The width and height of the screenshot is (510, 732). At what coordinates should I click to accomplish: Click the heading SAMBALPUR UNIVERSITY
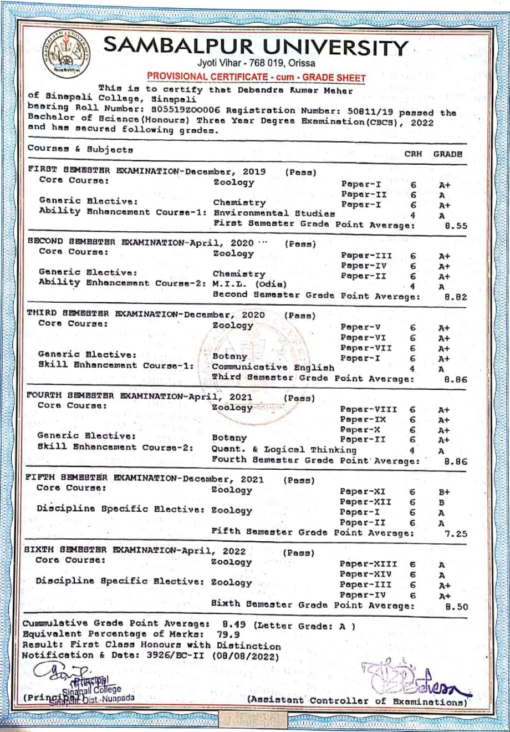pyautogui.click(x=256, y=47)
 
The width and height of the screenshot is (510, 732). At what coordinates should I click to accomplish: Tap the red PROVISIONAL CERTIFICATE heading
pyautogui.click(x=256, y=78)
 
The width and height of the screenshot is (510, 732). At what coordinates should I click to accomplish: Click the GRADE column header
pyautogui.click(x=447, y=154)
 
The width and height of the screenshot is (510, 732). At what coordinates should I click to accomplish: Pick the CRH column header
pyautogui.click(x=413, y=154)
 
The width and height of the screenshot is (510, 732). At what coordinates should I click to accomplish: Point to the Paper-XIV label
pyautogui.click(x=366, y=575)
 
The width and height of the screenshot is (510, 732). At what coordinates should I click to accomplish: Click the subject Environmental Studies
pyautogui.click(x=274, y=213)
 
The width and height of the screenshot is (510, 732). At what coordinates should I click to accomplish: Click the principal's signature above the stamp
pyautogui.click(x=53, y=674)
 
